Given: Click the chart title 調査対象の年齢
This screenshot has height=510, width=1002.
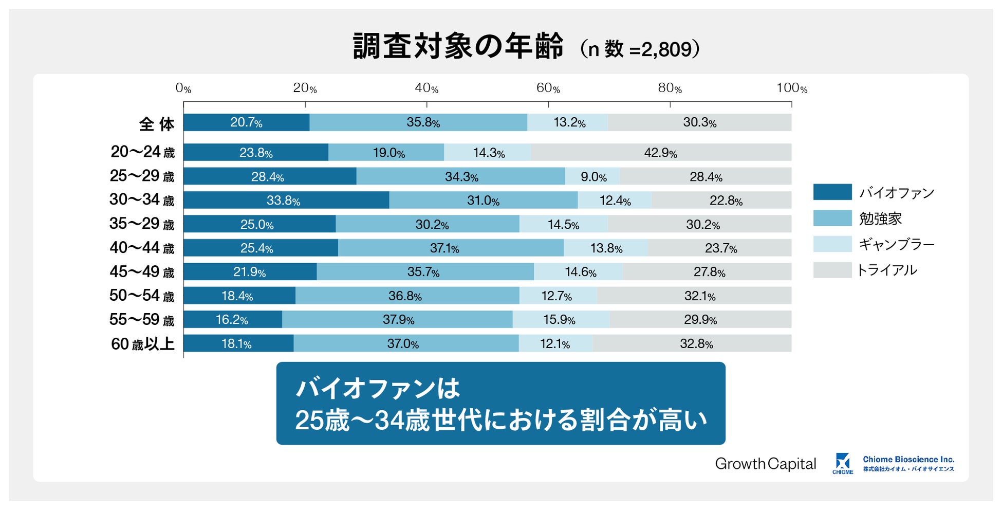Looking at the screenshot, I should pyautogui.click(x=458, y=47).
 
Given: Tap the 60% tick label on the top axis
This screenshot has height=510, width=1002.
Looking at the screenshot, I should pyautogui.click(x=548, y=88).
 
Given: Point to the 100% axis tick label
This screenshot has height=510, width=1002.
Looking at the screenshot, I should pyautogui.click(x=791, y=88).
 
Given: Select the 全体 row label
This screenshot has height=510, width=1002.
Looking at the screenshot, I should pyautogui.click(x=157, y=124).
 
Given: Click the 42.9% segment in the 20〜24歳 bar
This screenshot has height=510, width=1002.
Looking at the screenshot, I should pyautogui.click(x=661, y=153).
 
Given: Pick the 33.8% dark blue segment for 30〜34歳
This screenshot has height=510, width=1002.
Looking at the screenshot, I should pyautogui.click(x=286, y=201).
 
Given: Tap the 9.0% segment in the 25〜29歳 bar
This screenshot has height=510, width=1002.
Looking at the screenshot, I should pyautogui.click(x=592, y=177).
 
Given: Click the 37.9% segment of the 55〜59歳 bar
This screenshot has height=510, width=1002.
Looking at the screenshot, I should pyautogui.click(x=398, y=320).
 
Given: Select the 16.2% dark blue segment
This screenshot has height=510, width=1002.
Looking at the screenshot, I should pyautogui.click(x=232, y=320).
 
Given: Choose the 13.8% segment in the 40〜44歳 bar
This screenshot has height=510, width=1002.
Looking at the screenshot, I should pyautogui.click(x=606, y=248).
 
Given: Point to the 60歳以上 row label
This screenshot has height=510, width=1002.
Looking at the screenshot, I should pyautogui.click(x=143, y=344).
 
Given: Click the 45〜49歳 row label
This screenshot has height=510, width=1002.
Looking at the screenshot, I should pyautogui.click(x=142, y=272).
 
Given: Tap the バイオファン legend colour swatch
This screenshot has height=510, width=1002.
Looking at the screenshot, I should pyautogui.click(x=832, y=192).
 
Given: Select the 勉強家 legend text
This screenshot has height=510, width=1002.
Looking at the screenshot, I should pyautogui.click(x=880, y=218).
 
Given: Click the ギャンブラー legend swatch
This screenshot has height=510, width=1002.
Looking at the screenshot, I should pyautogui.click(x=832, y=244).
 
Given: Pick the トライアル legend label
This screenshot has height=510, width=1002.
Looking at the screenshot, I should pyautogui.click(x=886, y=270).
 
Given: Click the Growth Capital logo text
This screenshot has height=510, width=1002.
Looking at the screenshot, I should pyautogui.click(x=765, y=464).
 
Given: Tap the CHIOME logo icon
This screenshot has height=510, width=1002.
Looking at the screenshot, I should pyautogui.click(x=843, y=462).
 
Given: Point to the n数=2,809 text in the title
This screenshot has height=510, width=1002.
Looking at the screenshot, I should pyautogui.click(x=640, y=49).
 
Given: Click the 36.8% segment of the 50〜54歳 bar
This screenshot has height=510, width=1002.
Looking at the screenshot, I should pyautogui.click(x=406, y=296).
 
